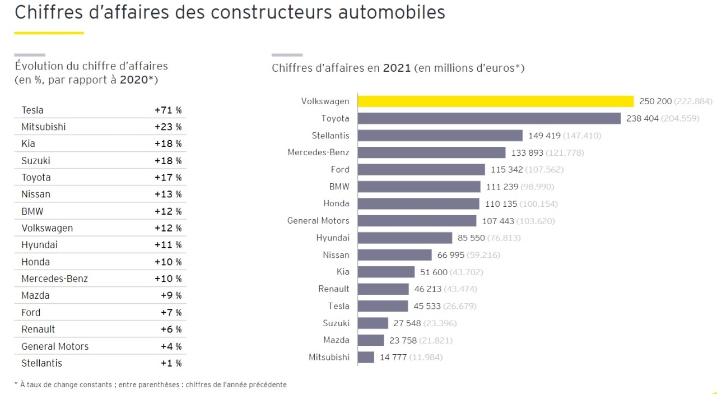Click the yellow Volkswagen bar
pyautogui.click(x=495, y=101)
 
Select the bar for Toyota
pyautogui.click(x=489, y=118)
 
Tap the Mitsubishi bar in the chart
pyautogui.click(x=366, y=357)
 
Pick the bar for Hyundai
pyautogui.click(x=404, y=238)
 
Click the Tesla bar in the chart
pyautogui.click(x=383, y=306)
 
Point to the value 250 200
pyautogui.click(x=655, y=101)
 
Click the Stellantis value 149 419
pyautogui.click(x=544, y=136)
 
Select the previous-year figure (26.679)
pyautogui.click(x=460, y=306)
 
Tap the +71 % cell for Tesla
pyautogui.click(x=168, y=110)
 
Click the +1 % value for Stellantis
pyautogui.click(x=171, y=363)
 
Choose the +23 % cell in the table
pyautogui.click(x=168, y=127)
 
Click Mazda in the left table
pyautogui.click(x=35, y=295)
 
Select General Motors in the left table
pyautogui.click(x=55, y=346)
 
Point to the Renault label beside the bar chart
pyautogui.click(x=333, y=289)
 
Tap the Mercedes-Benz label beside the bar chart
pyautogui.click(x=318, y=152)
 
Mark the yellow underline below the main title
pyautogui.click(x=49, y=33)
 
